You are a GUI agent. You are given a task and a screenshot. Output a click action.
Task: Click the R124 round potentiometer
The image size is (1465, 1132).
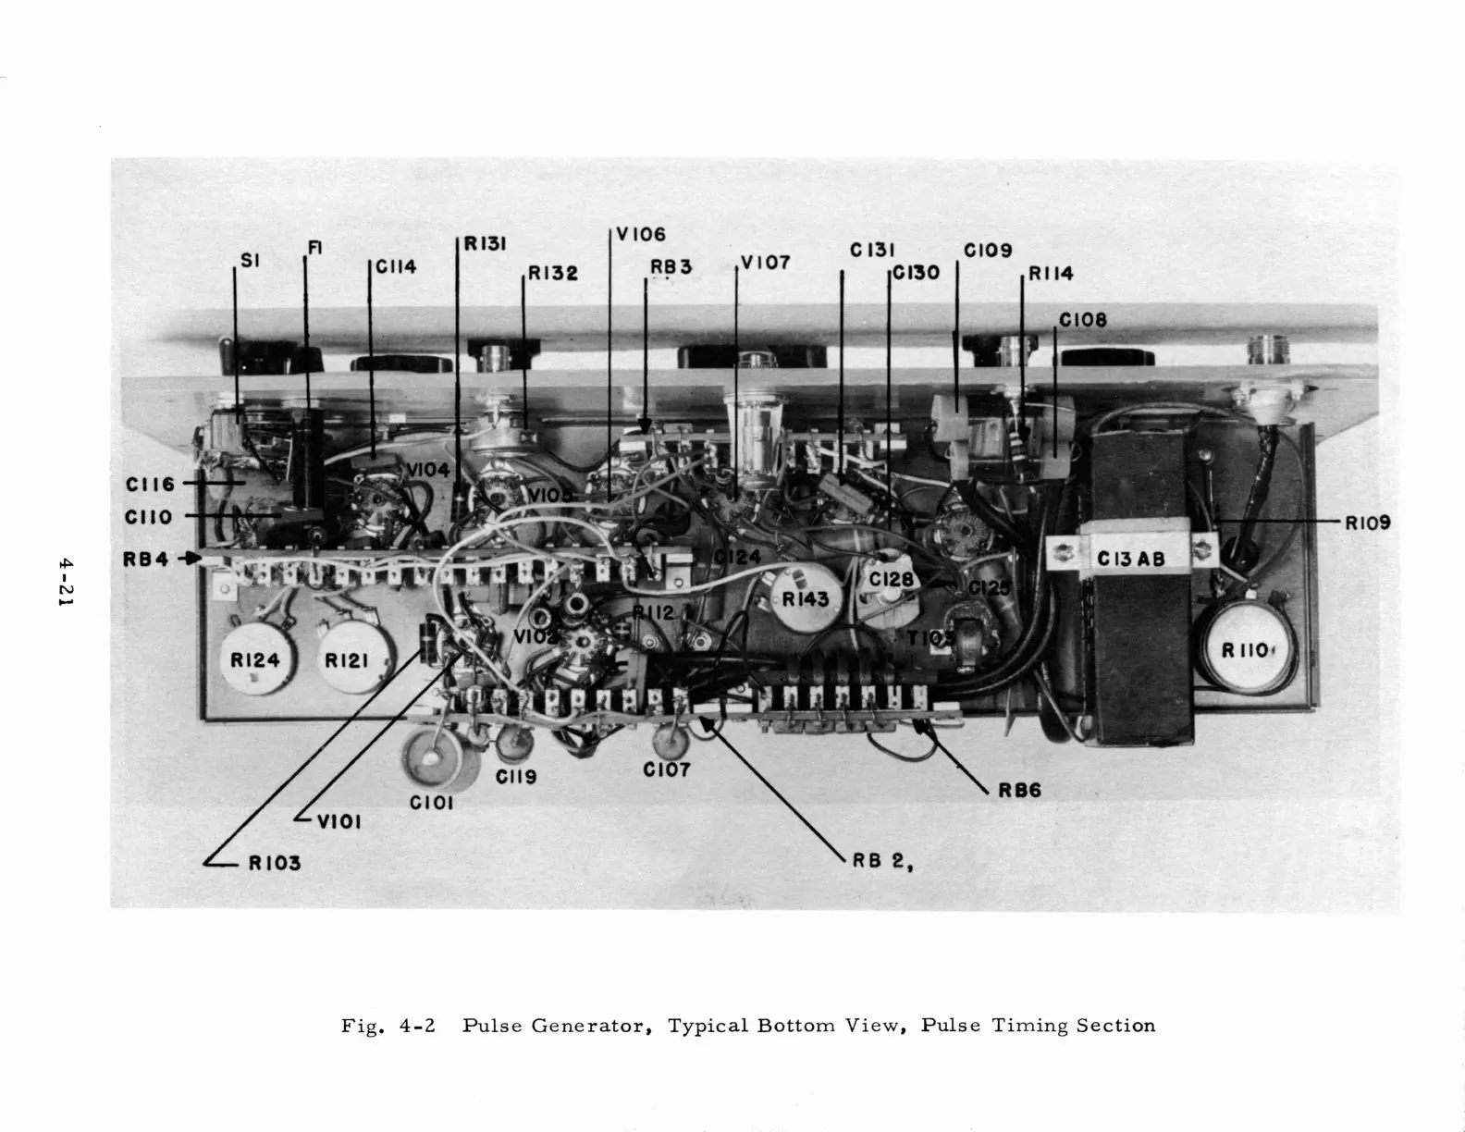point(255,659)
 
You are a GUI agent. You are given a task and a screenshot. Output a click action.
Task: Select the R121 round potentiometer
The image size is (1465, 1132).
point(347,659)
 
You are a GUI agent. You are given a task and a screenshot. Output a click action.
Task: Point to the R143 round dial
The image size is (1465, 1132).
point(806,598)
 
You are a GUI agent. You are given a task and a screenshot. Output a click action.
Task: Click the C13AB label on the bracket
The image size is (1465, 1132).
point(1130,559)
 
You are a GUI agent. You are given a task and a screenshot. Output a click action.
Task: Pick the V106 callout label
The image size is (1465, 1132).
point(641,235)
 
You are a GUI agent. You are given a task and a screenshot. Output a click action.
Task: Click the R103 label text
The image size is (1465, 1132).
point(275,863)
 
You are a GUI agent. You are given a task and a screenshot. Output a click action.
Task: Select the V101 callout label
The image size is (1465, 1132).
point(339,820)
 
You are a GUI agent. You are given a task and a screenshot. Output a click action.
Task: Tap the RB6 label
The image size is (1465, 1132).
point(1019,790)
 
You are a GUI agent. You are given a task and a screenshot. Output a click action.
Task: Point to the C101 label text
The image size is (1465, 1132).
point(432,803)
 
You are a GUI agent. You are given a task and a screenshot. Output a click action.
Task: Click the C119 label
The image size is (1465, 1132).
point(516,777)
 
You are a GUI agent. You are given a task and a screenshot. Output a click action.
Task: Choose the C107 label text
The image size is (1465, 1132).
point(667,769)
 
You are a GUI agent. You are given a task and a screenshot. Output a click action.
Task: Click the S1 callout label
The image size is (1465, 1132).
point(251,261)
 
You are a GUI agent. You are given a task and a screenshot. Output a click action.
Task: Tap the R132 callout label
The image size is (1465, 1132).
point(553,273)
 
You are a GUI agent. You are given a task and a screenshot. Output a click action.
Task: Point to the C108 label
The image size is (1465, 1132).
point(1083,320)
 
